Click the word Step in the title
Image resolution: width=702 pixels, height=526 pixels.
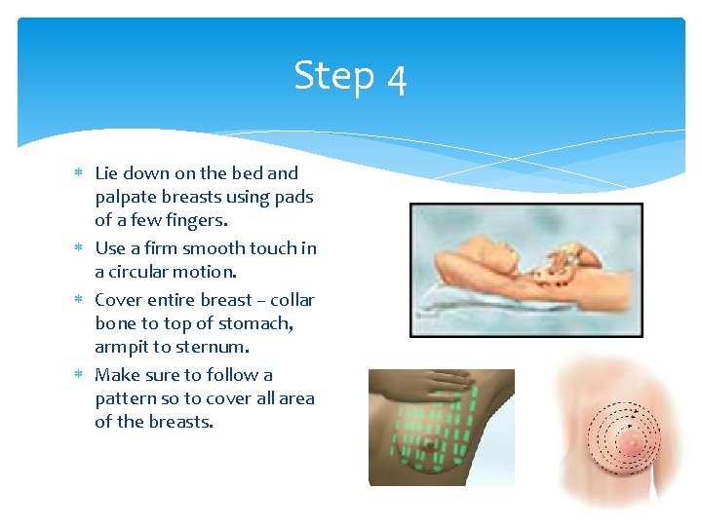(x=333, y=76)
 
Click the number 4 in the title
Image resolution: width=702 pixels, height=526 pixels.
(x=396, y=79)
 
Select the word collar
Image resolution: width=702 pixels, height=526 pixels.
(x=292, y=300)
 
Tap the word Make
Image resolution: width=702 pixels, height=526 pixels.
(x=116, y=375)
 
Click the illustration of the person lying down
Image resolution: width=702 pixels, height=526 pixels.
(x=526, y=270)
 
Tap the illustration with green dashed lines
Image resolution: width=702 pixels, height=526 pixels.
(x=441, y=427)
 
